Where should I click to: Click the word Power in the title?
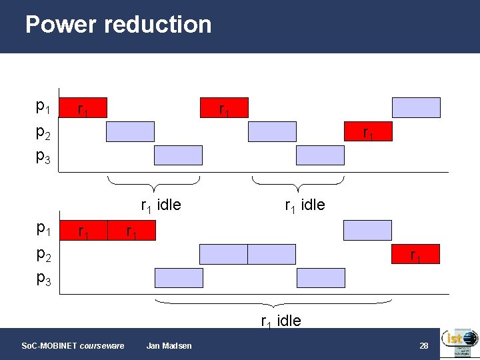pos(61,25)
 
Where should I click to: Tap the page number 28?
pos(423,345)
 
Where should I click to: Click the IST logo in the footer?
pos(459,343)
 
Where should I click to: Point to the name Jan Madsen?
pos(169,345)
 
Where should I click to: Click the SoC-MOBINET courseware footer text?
pos(73,345)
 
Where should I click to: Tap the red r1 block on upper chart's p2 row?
pos(367,132)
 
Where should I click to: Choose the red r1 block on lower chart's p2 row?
pos(415,254)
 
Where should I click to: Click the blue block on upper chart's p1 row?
pos(416,107)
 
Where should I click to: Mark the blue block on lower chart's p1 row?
pos(367,230)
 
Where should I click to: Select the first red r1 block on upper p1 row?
pos(83,107)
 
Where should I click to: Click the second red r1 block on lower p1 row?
pos(131,231)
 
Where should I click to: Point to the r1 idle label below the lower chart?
pos(281,321)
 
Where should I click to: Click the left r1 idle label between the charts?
pos(160,205)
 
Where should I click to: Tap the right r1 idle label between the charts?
pos(305,205)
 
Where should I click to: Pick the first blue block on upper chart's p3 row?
pos(178,155)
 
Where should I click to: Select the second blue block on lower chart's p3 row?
pos(321,277)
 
